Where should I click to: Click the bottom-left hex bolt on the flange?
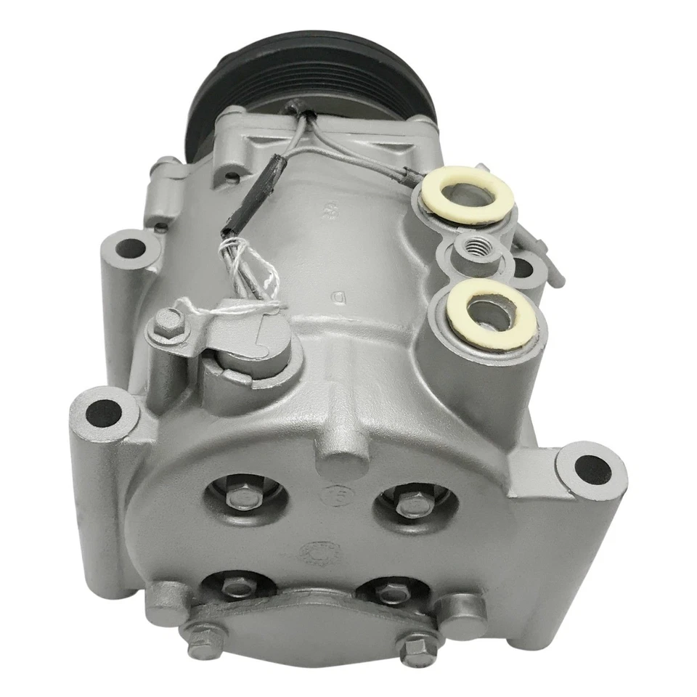(197, 639)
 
